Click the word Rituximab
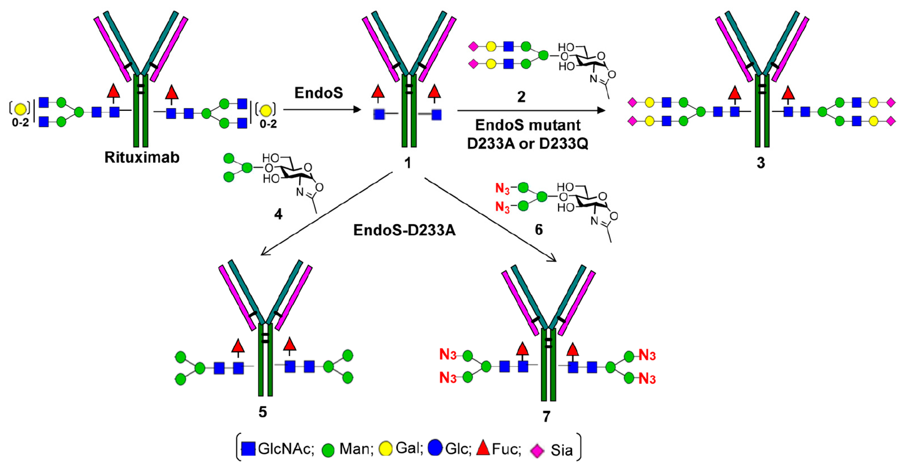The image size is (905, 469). pos(142,157)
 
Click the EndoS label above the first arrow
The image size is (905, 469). pos(318,93)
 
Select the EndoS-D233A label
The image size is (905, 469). pos(404,230)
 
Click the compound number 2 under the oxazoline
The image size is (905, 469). pos(521,97)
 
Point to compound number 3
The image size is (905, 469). pos(761,162)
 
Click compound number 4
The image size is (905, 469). pos(278,214)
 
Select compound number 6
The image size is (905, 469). pos(539,230)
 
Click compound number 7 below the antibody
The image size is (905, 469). pos(546,417)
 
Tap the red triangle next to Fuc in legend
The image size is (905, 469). pos(483,448)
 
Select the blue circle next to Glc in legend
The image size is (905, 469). pos(435,448)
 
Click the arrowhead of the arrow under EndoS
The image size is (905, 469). pos(358,110)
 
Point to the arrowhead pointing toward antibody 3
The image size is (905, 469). pos(601,110)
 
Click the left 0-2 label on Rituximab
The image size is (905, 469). pos(20,123)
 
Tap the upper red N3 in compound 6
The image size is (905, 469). pos(502,189)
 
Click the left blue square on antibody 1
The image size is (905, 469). pos(379,114)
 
